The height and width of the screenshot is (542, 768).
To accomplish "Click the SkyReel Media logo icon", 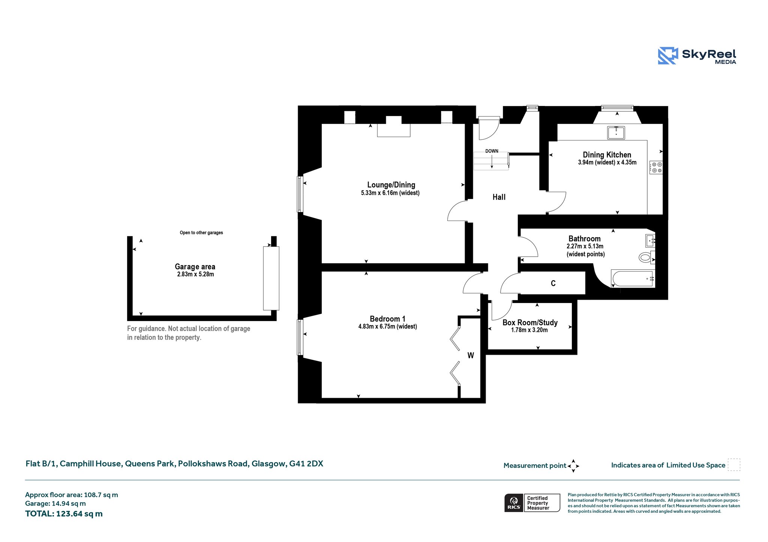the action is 668,56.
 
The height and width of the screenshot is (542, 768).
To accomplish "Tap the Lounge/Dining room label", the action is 391,185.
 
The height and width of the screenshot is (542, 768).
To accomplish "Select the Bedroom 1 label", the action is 387,319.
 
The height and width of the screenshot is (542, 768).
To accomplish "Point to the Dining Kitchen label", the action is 607,155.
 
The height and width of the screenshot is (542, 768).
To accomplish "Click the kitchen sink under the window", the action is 616,133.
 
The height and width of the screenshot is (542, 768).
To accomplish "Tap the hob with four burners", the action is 656,167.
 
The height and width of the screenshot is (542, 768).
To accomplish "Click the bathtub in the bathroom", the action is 633,278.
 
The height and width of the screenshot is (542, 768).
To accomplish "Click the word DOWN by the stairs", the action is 492,151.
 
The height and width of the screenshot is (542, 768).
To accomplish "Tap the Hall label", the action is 499,197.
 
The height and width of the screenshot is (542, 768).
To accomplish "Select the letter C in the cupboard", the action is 553,283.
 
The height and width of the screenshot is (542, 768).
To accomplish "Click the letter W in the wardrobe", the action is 471,355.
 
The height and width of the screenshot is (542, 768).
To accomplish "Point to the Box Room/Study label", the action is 530,323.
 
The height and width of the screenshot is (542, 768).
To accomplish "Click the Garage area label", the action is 195,267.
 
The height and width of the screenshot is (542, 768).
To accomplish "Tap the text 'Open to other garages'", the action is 201,233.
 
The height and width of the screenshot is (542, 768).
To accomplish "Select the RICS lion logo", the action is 514,503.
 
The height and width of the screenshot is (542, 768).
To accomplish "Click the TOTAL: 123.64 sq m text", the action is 64,514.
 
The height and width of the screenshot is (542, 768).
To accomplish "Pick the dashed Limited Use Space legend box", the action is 734,465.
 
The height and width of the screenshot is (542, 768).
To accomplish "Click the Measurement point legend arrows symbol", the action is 573,466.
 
